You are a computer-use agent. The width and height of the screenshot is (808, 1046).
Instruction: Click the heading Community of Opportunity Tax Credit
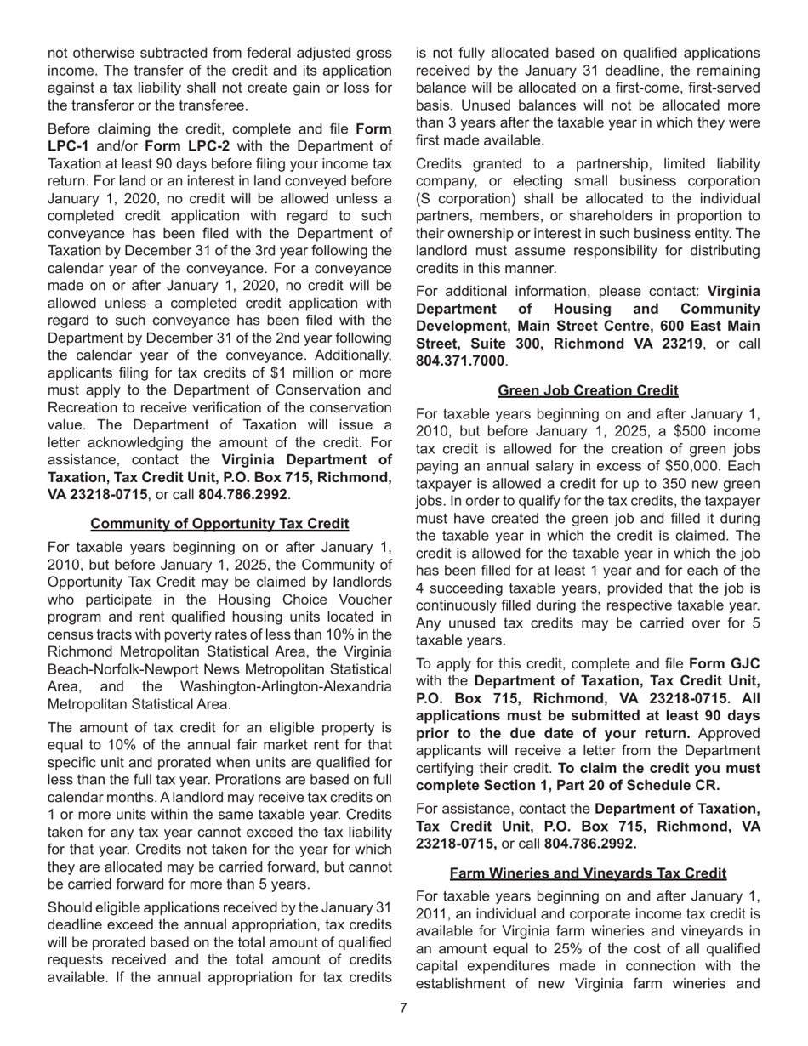[219, 523]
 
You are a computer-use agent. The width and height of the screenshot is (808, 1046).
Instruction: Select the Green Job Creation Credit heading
[588, 390]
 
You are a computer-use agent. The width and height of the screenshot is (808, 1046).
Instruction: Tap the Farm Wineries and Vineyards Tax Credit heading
[588, 873]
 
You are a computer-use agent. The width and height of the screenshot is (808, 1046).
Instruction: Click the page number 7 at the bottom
[403, 1009]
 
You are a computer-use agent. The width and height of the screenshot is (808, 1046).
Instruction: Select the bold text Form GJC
[725, 663]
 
